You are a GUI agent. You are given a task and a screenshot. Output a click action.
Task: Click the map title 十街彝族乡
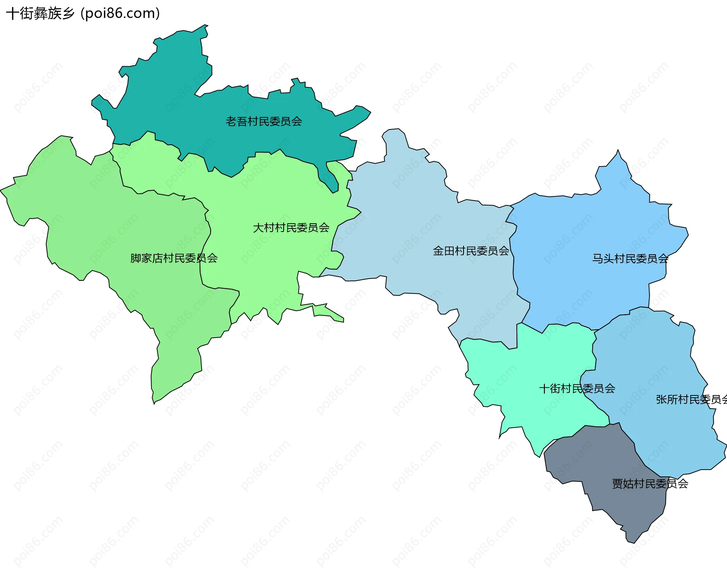[40, 14]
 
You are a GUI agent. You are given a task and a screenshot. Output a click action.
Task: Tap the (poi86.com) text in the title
[120, 14]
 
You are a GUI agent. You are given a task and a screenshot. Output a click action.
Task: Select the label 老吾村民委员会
[264, 121]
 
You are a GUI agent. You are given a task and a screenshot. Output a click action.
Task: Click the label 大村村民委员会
[291, 228]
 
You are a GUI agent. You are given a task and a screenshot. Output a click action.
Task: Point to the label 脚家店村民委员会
[174, 258]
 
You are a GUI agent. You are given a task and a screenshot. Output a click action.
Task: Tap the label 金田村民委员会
[471, 251]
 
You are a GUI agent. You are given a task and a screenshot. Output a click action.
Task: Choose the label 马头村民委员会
[630, 259]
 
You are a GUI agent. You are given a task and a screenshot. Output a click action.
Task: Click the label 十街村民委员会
[577, 389]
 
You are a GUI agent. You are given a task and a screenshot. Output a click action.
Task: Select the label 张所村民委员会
[691, 400]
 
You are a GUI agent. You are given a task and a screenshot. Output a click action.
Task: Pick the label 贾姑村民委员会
[650, 484]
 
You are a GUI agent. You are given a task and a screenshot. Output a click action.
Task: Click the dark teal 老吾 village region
[227, 144]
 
